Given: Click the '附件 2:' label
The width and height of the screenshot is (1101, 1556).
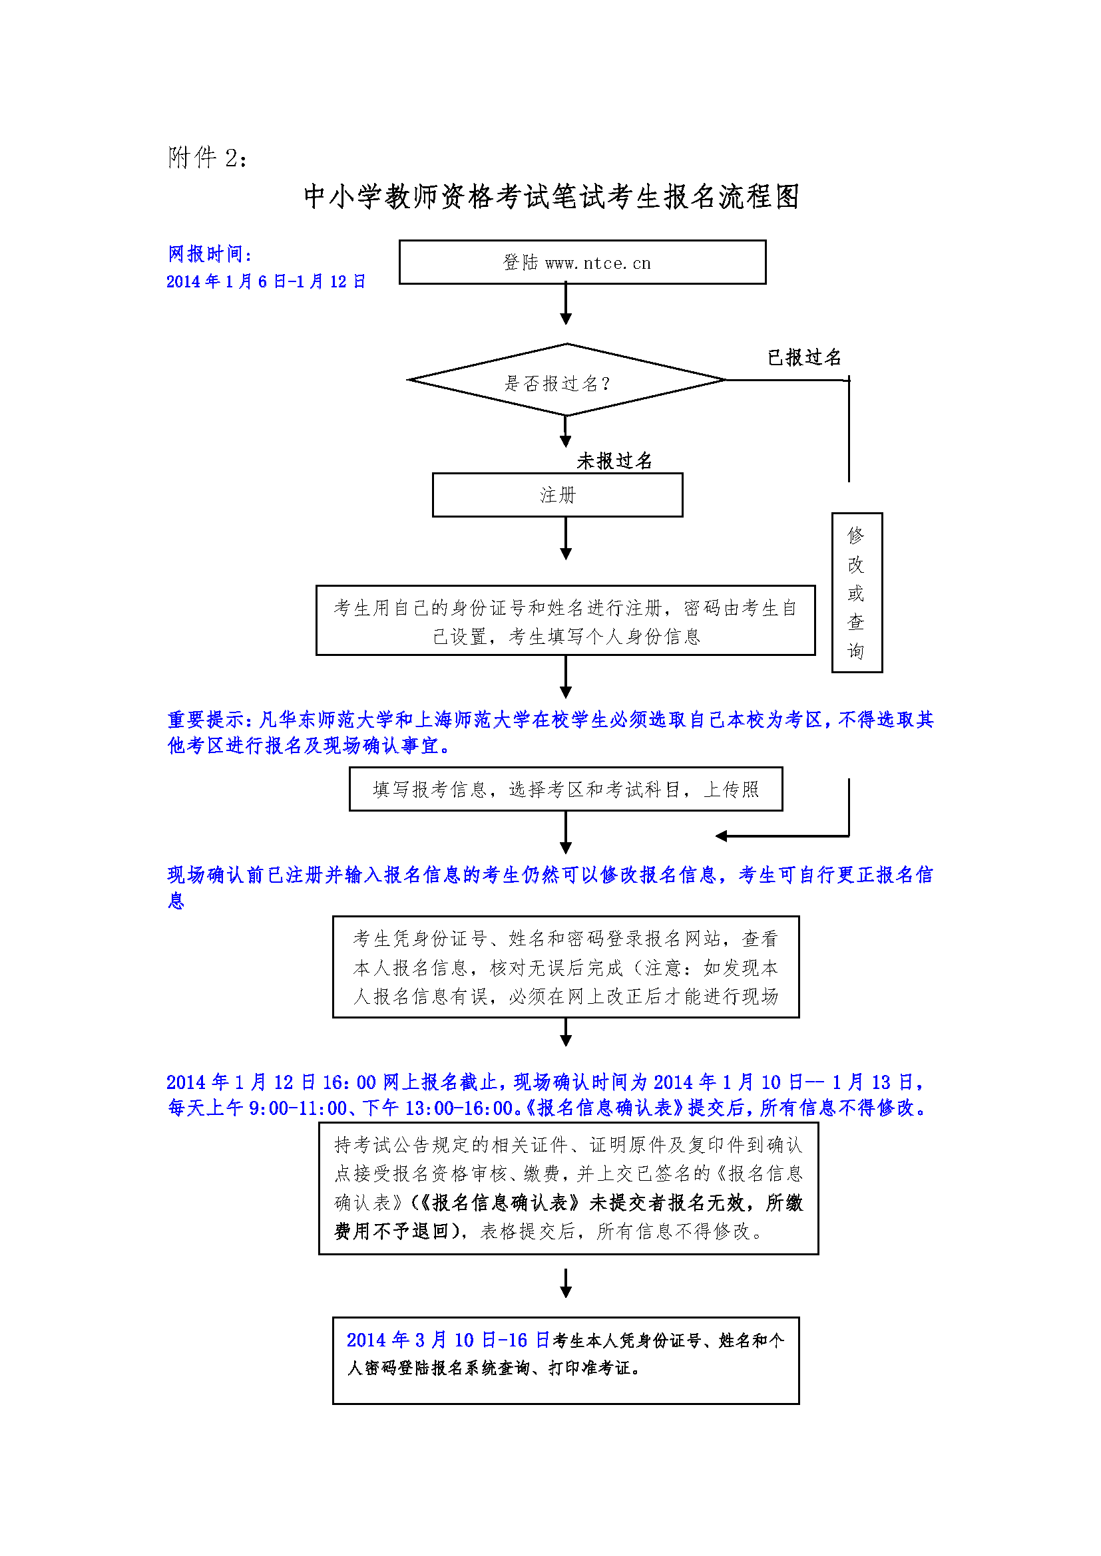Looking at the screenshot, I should pos(208,158).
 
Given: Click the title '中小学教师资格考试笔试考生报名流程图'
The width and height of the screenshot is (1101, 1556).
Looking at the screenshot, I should pos(551,196).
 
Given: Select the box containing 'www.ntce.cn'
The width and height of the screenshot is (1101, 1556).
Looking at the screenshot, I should pos(582,262).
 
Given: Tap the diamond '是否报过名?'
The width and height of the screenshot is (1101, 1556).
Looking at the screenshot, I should pos(566,381).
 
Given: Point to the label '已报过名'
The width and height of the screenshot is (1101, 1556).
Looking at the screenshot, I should pos(804,357).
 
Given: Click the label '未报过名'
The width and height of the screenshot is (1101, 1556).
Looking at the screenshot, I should pos(614,461).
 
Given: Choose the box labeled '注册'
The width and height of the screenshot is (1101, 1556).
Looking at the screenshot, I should pos(557,496).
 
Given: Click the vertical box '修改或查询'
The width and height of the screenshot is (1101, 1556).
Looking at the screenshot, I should pos(857,593).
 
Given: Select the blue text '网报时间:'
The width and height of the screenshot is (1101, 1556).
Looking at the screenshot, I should pos(210,254).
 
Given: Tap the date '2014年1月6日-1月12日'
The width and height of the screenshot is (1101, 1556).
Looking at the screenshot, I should pos(266,281).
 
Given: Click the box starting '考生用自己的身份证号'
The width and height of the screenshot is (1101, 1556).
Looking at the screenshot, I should pos(565,621).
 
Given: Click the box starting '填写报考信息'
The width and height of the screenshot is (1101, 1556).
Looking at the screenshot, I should pos(565,789).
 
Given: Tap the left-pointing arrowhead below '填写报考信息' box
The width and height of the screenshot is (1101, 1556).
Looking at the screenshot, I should pos(722,836).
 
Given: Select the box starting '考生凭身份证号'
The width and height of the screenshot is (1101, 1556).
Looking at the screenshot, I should pos(565,967).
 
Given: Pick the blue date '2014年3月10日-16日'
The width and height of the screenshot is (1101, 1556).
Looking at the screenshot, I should pos(447,1340).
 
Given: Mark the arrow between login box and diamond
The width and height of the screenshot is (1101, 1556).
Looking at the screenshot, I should pos(566,304).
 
